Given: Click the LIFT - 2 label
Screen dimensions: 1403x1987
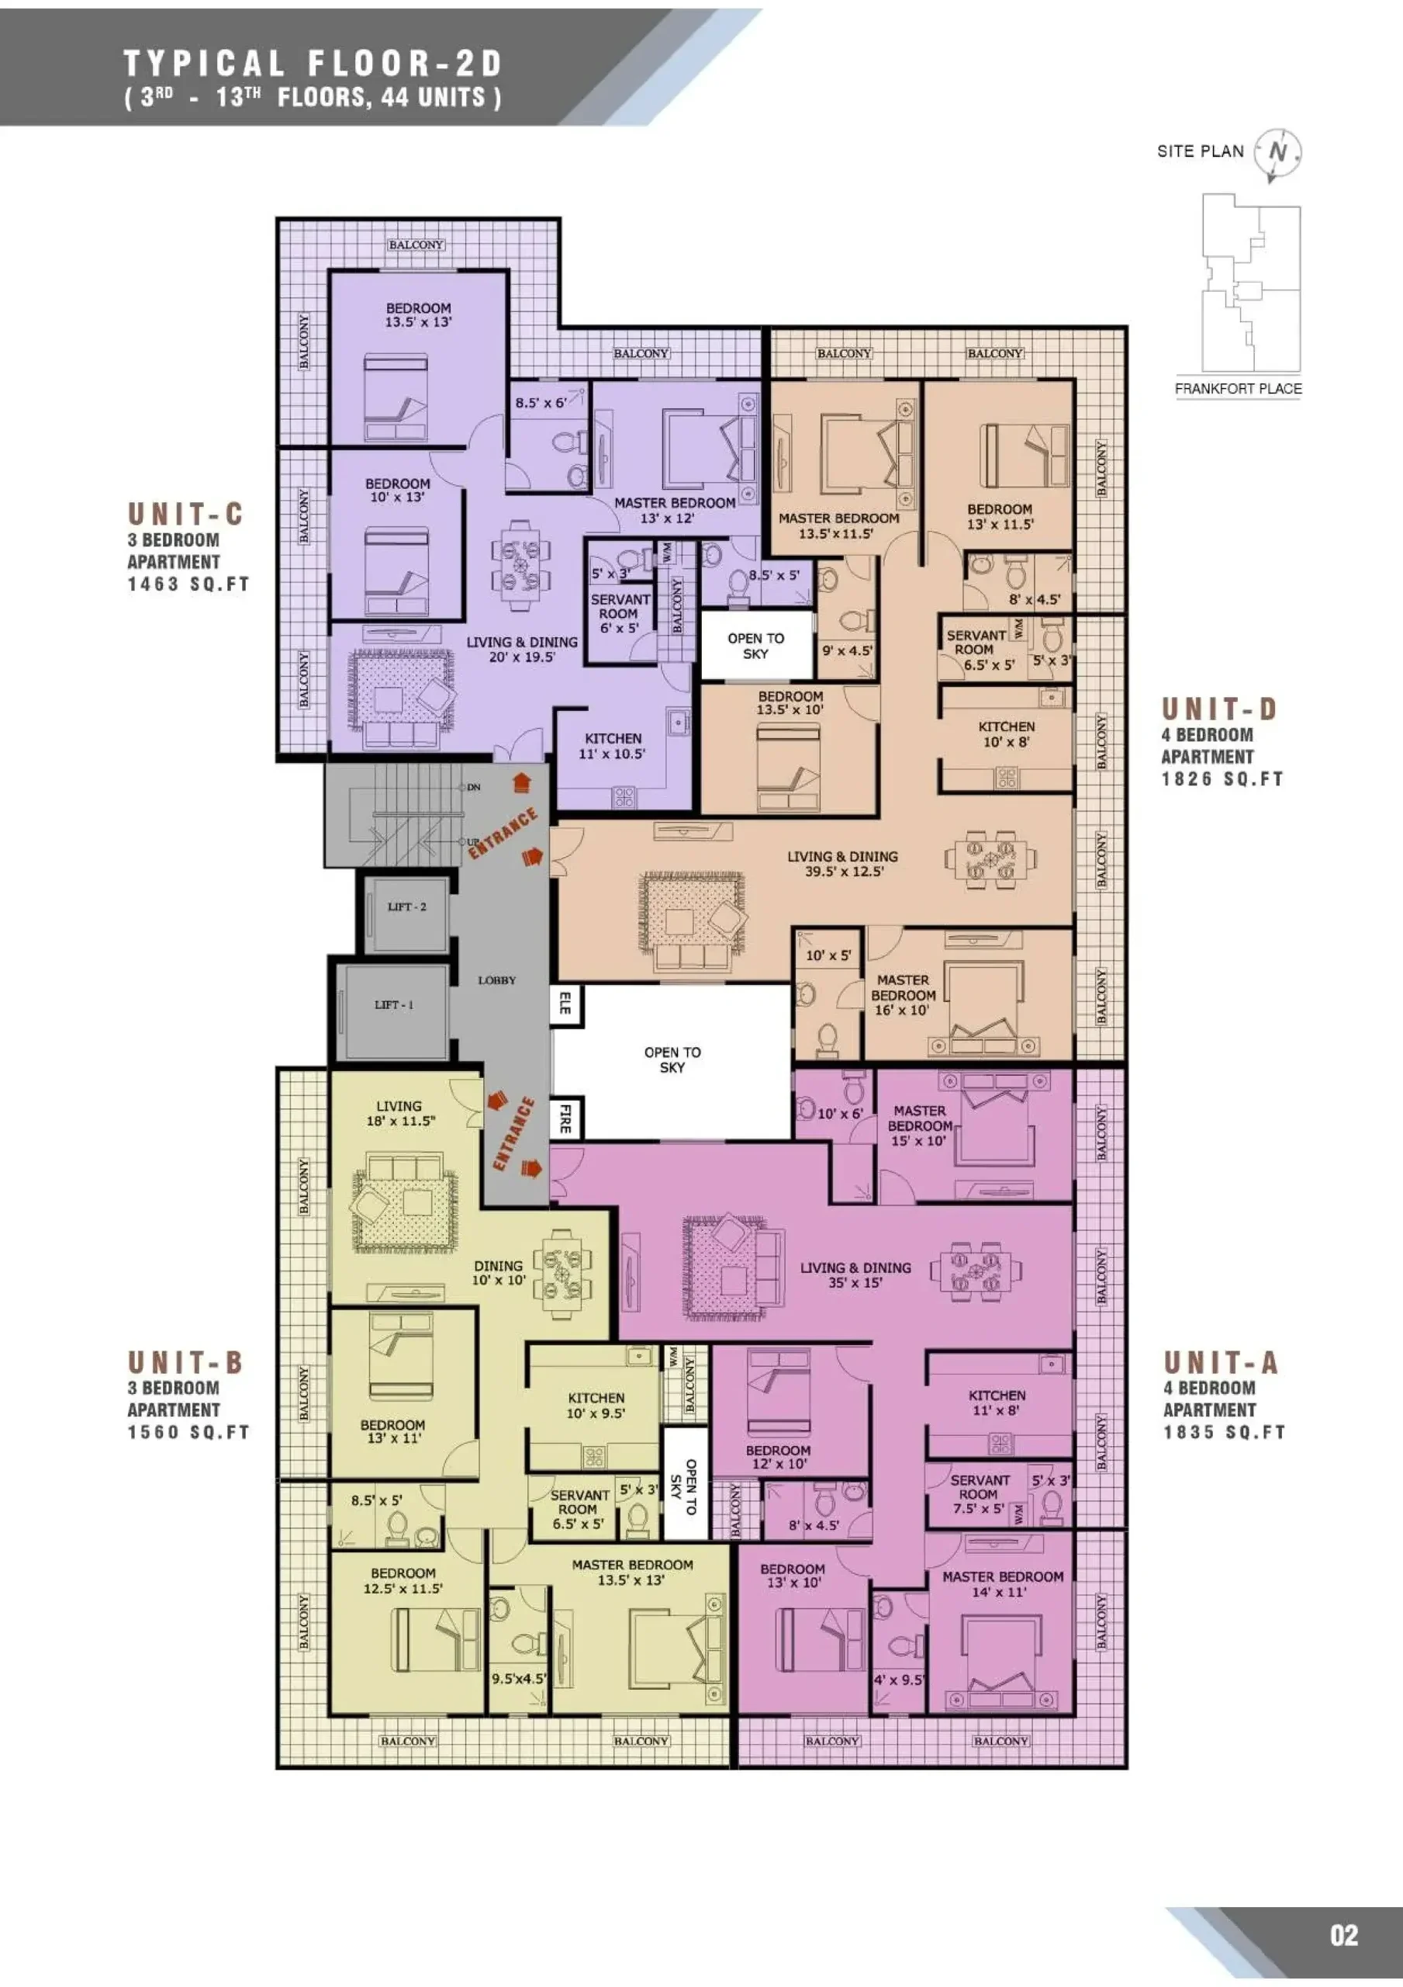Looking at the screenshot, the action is (x=406, y=907).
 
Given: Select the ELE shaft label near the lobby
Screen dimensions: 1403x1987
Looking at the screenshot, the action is (x=565, y=1004).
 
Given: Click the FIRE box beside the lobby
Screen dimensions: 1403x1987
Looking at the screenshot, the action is (x=565, y=1118).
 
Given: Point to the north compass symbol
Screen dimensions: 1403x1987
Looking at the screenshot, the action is (x=1277, y=154).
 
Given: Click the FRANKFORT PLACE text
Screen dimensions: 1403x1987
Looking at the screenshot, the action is (x=1238, y=389).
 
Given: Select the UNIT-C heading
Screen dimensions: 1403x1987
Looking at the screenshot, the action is (x=185, y=514).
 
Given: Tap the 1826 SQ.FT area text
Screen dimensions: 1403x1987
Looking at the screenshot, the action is (x=1222, y=779).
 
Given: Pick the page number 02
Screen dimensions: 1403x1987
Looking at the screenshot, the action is (x=1344, y=1935).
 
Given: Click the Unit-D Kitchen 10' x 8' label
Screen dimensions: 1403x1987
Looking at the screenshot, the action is (x=1006, y=734).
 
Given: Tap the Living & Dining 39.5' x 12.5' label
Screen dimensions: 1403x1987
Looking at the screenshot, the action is (x=842, y=864).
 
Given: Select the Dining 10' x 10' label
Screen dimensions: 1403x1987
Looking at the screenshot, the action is (x=499, y=1272).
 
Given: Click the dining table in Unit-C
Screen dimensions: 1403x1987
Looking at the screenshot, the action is (x=522, y=561).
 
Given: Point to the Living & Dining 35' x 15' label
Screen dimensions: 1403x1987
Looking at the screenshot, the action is (x=855, y=1274).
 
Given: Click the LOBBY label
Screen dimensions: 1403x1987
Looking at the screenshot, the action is (x=496, y=980).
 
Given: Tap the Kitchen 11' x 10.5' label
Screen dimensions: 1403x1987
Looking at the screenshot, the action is (x=613, y=746).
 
